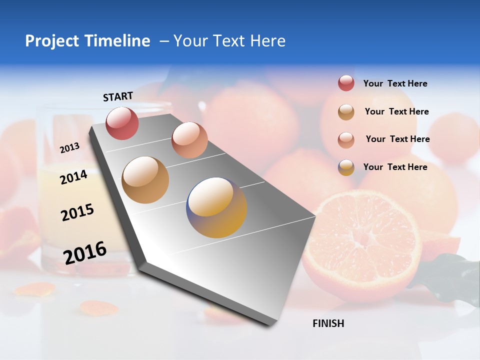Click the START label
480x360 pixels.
(118, 96)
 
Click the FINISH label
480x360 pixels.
(328, 323)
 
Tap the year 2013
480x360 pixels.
(70, 147)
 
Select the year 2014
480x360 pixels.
(74, 177)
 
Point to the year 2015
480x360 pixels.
(77, 212)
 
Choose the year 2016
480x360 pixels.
(85, 252)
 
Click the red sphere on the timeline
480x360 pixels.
(122, 123)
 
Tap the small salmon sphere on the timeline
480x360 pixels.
(189, 140)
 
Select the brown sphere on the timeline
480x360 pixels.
(145, 179)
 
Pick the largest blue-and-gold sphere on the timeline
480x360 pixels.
(216, 207)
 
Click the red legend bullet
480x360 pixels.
(346, 83)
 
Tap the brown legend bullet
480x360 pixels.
(346, 112)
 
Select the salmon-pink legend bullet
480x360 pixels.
(346, 139)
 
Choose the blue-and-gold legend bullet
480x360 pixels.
(346, 167)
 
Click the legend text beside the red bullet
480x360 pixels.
(395, 83)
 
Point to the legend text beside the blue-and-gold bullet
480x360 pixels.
(395, 167)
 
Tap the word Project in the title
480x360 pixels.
(51, 41)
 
